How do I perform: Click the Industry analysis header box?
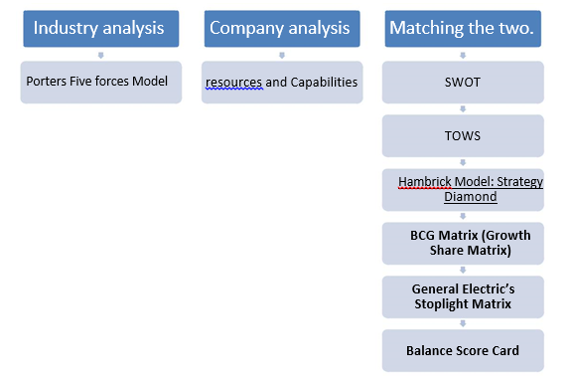99,28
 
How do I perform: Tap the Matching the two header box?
462,28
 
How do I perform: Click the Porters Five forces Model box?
99,82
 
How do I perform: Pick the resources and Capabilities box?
281,82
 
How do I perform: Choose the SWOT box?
462,82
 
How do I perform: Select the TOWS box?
462,135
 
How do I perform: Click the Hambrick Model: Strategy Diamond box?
462,189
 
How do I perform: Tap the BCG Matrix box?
462,243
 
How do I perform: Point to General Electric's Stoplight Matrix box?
462,296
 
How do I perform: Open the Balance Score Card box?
462,350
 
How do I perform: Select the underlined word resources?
234,82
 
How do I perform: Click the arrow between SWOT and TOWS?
462,108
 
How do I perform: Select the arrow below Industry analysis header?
99,54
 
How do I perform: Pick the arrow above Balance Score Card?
462,323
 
